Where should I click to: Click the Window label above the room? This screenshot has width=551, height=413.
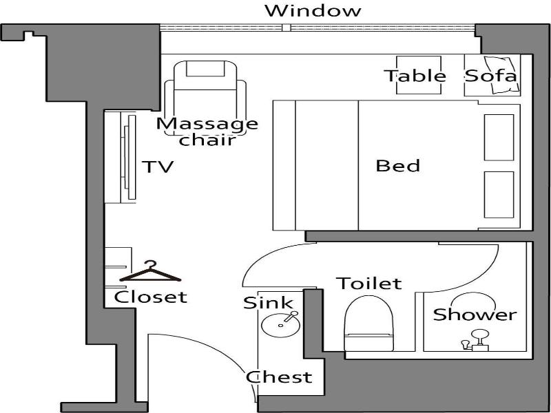pos(313,10)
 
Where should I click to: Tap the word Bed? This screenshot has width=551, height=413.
pos(398,166)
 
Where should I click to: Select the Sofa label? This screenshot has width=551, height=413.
pos(490,76)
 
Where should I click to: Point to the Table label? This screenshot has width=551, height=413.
pos(415,76)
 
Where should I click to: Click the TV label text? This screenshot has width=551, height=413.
pos(158,167)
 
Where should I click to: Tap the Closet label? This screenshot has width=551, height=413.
pos(150,297)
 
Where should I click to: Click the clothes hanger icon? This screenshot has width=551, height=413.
pos(150,272)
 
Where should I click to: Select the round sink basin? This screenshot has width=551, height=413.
pos(281,325)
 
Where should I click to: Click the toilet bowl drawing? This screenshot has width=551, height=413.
pos(368,324)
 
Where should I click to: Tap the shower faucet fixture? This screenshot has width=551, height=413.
pos(475,341)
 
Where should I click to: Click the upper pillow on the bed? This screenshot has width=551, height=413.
pos(499,137)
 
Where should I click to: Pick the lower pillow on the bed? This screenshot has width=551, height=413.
pos(499,195)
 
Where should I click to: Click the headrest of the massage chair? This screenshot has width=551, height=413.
pos(205,68)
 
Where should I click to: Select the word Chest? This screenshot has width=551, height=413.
pos(279,377)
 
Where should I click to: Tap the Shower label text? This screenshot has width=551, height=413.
pos(475,315)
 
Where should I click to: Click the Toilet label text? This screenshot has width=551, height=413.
pos(369,284)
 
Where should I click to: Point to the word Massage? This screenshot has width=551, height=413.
pos(207,124)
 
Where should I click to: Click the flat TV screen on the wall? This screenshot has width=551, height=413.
pos(132,157)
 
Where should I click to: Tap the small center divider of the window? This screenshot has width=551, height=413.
pos(287,28)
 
